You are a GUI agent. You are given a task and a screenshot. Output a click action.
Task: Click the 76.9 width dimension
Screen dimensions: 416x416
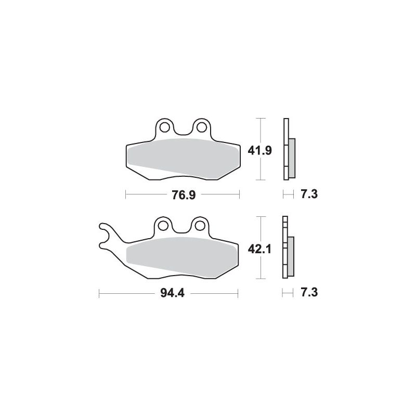[184, 195]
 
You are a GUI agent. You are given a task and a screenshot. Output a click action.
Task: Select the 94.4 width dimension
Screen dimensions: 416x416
[172, 293]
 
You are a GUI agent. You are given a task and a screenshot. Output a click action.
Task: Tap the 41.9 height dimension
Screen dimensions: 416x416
[259, 151]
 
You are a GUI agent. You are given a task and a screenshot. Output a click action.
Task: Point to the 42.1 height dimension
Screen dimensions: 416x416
[259, 249]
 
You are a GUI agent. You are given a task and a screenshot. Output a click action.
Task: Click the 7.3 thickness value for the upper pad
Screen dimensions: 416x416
[309, 194]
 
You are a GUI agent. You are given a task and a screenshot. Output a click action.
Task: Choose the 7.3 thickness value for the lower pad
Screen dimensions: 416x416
[309, 293]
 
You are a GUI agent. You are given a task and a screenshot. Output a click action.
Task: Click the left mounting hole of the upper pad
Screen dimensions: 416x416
[165, 127]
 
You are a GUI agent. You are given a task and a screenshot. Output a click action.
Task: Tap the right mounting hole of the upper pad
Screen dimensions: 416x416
[202, 127]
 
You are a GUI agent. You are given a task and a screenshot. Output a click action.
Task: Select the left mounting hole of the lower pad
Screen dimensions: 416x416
[163, 226]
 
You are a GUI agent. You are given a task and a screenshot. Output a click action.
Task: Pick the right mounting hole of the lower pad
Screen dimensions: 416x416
[200, 226]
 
